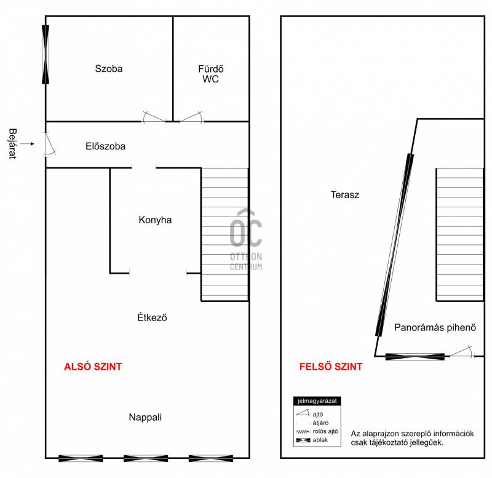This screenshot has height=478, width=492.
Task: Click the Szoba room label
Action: click(x=109, y=68)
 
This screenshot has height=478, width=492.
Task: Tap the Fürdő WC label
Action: click(x=210, y=74)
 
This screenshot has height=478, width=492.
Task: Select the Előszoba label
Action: click(x=105, y=146)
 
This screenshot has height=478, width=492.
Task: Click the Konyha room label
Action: click(x=155, y=220)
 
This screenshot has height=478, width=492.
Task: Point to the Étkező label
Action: click(x=152, y=317)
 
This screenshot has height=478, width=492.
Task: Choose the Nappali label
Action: click(x=145, y=417)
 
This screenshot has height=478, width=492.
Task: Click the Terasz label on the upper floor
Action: click(x=344, y=194)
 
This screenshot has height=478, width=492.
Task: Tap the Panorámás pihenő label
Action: click(x=435, y=327)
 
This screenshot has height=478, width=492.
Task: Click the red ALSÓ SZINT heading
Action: click(x=93, y=367)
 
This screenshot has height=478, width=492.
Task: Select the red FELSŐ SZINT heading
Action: click(x=331, y=366)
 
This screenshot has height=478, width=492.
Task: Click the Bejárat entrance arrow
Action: click(x=28, y=144)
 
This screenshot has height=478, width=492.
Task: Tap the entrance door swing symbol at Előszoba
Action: click(x=49, y=145)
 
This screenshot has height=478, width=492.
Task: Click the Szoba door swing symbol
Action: click(x=153, y=117)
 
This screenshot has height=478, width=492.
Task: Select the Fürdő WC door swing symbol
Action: click(x=192, y=117)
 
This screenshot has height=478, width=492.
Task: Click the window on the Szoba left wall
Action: click(x=46, y=55)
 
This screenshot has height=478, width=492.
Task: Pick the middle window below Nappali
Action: click(x=146, y=458)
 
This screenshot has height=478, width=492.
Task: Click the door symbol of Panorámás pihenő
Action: click(x=462, y=352)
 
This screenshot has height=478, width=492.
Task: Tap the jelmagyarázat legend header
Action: click(x=317, y=401)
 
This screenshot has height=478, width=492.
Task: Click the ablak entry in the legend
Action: click(x=312, y=440)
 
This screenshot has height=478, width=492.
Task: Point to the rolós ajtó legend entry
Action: click(x=317, y=431)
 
